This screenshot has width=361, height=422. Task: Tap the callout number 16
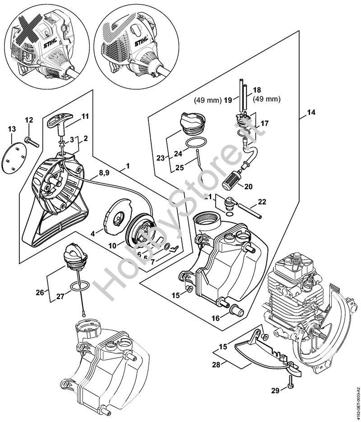pyautogui.click(x=215, y=317)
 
